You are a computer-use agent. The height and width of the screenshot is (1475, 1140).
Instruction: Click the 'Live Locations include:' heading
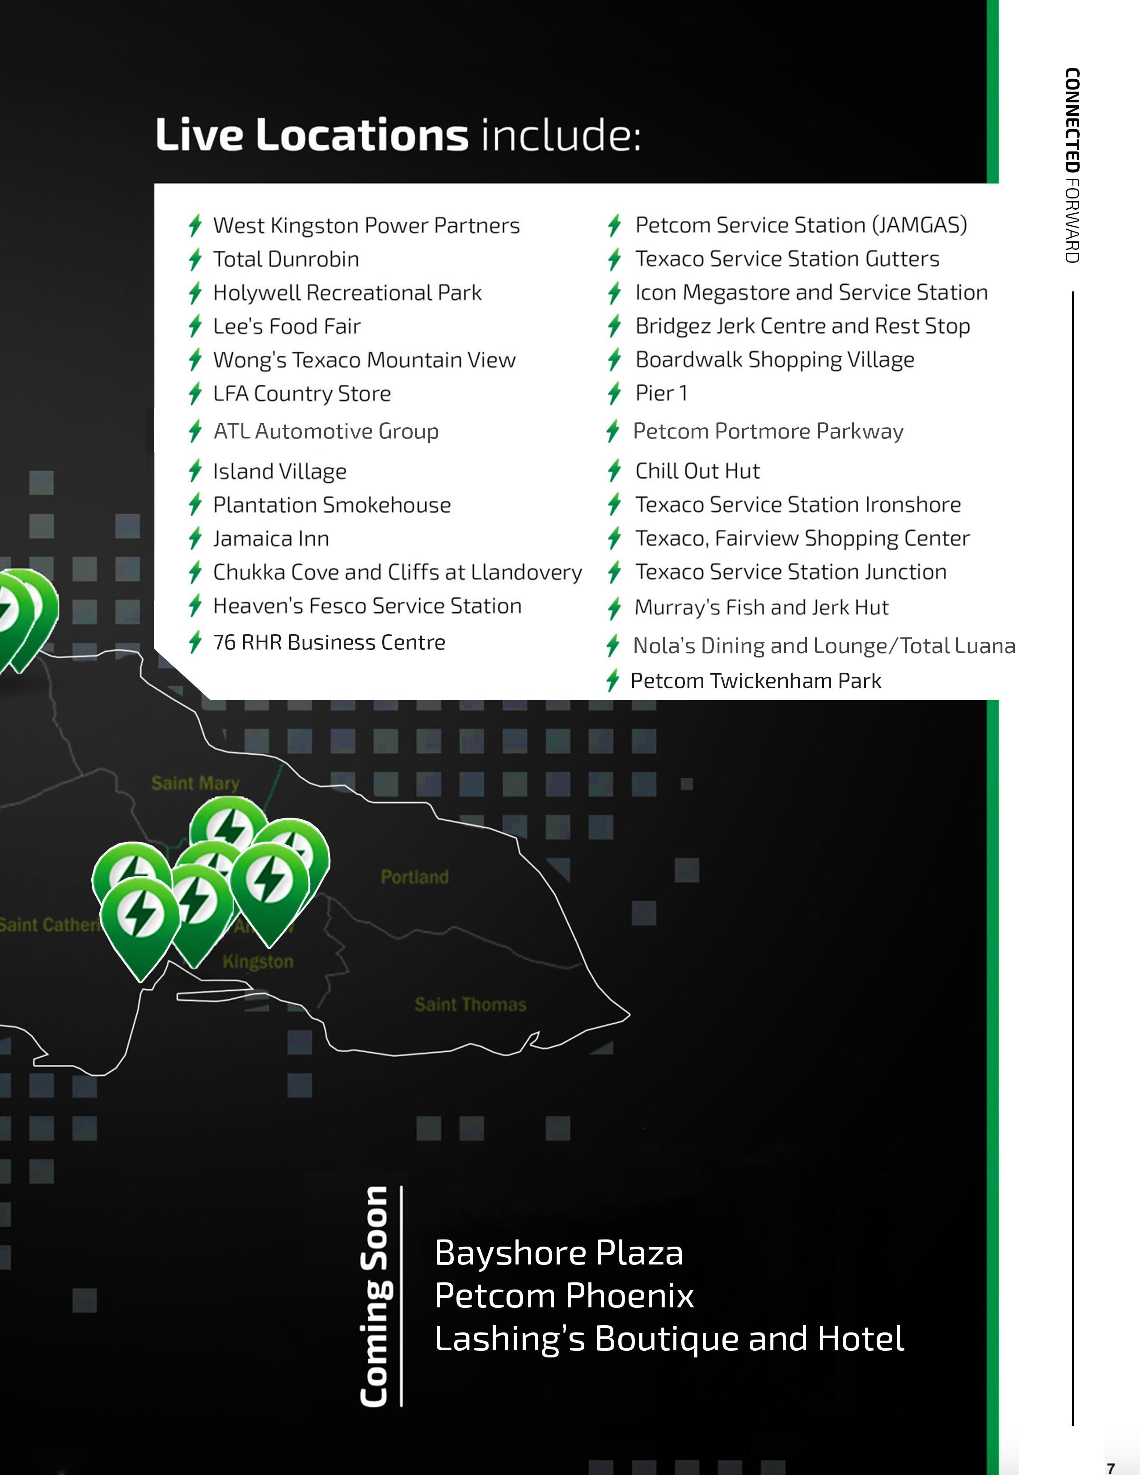398,135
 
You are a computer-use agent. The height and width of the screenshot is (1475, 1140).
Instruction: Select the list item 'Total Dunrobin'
286,259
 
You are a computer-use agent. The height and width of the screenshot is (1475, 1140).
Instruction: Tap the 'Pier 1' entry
661,393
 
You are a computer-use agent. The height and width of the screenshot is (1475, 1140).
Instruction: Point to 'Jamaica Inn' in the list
271,539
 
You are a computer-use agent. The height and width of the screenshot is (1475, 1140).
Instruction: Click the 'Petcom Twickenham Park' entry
755,681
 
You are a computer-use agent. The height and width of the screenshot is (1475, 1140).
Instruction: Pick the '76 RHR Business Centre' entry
329,642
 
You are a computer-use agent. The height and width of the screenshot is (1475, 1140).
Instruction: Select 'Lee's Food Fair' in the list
287,327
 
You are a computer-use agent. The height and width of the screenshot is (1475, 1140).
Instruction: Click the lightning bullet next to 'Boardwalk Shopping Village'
614,359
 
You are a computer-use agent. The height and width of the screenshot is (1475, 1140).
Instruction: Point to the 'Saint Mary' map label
195,784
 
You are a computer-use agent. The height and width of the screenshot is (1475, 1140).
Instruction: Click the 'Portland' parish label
415,877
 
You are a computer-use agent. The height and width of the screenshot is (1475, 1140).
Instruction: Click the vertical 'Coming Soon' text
375,1296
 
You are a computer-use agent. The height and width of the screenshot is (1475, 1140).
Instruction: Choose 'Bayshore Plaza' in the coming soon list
558,1253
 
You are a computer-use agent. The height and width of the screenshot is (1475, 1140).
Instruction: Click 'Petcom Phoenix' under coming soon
564,1296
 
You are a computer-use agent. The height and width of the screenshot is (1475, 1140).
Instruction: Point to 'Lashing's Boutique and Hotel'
669,1339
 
